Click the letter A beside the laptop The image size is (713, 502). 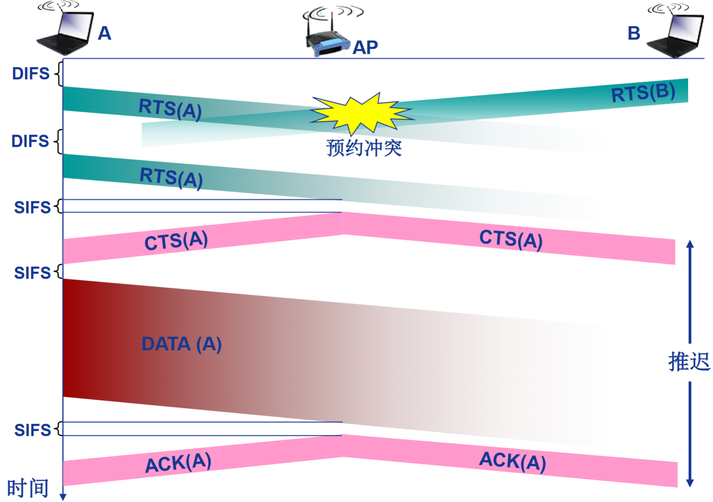click(104, 33)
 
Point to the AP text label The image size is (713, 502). click(365, 47)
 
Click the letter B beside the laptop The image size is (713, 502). click(633, 33)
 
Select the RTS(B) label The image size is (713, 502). click(643, 93)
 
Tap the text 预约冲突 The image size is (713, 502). click(364, 148)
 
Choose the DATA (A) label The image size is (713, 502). click(181, 344)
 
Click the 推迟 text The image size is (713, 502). click(689, 362)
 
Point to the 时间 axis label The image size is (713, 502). click(28, 488)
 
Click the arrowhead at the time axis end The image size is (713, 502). click(63, 497)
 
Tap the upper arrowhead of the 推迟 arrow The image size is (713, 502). click(690, 244)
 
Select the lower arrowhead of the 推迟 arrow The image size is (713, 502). click(690, 483)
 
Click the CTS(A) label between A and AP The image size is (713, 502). click(176, 241)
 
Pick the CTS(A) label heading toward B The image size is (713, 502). click(510, 239)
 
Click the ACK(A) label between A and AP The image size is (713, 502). click(178, 462)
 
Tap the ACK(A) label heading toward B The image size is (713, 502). click(512, 461)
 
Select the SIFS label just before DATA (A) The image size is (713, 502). click(32, 273)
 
